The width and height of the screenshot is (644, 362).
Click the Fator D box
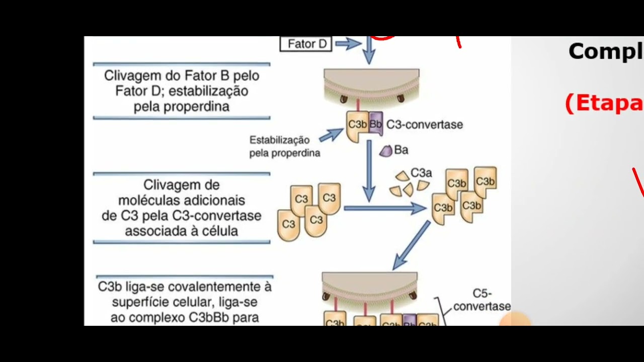tap(306, 44)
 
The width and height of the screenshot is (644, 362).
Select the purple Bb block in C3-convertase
tap(375, 124)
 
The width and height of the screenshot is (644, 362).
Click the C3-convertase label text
tap(424, 124)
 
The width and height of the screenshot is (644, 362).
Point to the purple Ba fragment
tap(386, 150)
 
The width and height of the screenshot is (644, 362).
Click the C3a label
tap(421, 173)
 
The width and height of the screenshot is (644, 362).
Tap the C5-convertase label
tap(481, 300)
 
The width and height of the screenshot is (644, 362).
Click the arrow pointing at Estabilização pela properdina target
tap(331, 134)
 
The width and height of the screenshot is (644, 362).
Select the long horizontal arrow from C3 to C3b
tap(385, 208)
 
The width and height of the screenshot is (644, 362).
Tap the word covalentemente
tap(214, 287)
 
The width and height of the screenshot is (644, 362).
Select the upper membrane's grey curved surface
tap(371, 80)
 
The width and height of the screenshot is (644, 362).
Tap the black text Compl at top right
tap(606, 51)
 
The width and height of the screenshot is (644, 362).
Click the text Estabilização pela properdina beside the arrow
tap(285, 146)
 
